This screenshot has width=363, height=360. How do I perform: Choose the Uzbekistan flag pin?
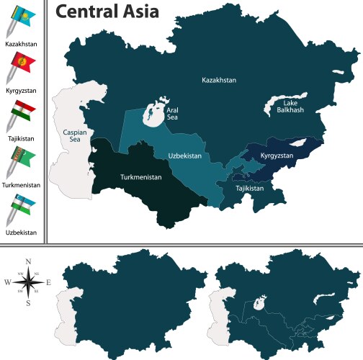[x=19, y=209]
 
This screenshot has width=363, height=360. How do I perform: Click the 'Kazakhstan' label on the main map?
[x=219, y=81]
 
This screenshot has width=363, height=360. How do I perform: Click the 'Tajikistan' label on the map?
[x=249, y=188]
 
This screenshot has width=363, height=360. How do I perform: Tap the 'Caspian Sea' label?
[x=70, y=137]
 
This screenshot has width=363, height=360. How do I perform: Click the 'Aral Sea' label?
[x=174, y=114]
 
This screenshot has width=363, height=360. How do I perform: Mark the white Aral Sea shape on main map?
[x=153, y=112]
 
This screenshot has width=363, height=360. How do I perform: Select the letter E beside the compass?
[x=49, y=282]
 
